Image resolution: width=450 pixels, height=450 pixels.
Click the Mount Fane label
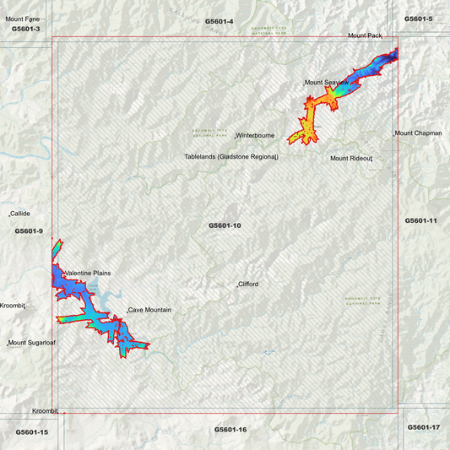(x=22, y=19)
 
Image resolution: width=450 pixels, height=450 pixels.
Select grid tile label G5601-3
(x=25, y=29)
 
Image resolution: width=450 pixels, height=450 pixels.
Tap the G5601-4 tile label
(x=219, y=20)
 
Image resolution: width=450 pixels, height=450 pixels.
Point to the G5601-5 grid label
(x=418, y=19)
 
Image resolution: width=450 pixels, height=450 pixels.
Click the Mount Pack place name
(x=366, y=36)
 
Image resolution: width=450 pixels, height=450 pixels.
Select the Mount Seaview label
(x=326, y=83)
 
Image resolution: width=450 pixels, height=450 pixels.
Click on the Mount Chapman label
(x=418, y=133)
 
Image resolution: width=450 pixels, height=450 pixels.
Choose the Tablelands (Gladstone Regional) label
(x=231, y=157)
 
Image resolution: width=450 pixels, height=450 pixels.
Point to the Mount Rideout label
(x=351, y=158)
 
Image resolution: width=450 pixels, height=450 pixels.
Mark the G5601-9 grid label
(x=29, y=231)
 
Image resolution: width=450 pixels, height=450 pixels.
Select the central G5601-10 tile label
(x=225, y=225)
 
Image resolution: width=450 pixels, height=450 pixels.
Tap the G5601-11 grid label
(x=420, y=220)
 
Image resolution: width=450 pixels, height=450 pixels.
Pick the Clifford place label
(x=248, y=285)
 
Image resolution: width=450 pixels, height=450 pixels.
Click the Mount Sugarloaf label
(x=30, y=344)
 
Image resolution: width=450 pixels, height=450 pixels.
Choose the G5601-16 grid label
(x=230, y=430)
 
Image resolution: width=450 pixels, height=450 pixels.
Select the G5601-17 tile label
(x=424, y=427)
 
